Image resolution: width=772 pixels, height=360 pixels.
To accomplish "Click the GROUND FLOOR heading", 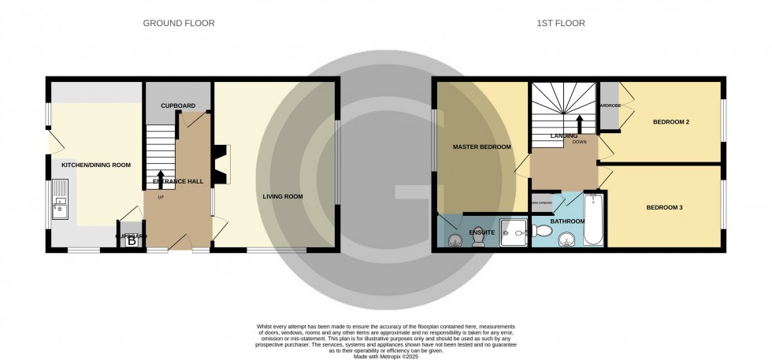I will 178,24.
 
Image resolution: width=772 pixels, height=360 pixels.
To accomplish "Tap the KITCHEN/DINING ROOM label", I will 96,165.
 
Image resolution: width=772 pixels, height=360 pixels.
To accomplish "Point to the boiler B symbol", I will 132,242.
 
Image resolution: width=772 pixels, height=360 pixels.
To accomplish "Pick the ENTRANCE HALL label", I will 178,181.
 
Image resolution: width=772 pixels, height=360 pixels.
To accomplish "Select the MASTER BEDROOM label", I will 481,147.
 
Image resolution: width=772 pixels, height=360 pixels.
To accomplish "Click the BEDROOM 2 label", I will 671,122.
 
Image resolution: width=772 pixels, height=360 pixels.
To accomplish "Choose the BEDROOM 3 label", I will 664,208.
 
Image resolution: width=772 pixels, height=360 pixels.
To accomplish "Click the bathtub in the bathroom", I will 594,221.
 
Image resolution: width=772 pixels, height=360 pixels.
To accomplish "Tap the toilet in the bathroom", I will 541,231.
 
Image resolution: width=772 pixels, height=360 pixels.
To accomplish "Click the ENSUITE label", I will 481,233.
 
